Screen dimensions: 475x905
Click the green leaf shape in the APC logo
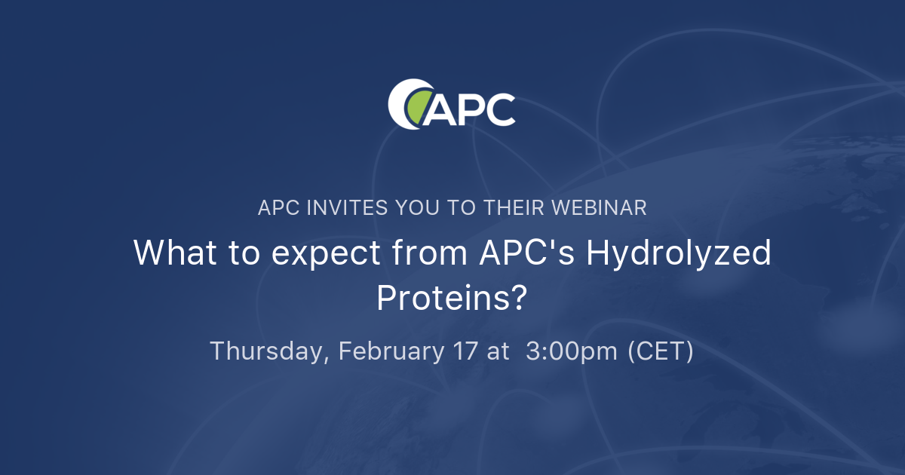coord(417,106)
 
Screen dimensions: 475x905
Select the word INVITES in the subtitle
coord(345,208)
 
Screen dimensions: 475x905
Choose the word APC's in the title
coord(527,253)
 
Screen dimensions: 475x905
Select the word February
coord(391,352)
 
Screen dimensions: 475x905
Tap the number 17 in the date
coord(467,351)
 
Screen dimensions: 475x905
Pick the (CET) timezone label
coord(661,352)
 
